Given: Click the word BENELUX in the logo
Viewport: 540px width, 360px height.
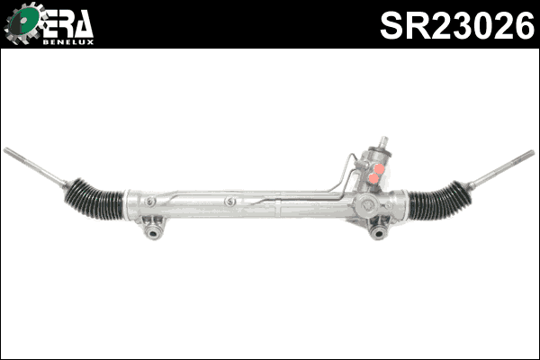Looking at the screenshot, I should (67, 40).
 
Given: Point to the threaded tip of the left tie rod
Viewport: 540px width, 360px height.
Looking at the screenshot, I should (11, 152).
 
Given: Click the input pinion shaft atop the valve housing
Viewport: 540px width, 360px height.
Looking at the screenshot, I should (382, 143).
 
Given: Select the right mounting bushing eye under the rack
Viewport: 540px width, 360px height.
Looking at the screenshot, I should (379, 233).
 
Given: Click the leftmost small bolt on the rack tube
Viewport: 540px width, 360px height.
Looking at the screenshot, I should (150, 201).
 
